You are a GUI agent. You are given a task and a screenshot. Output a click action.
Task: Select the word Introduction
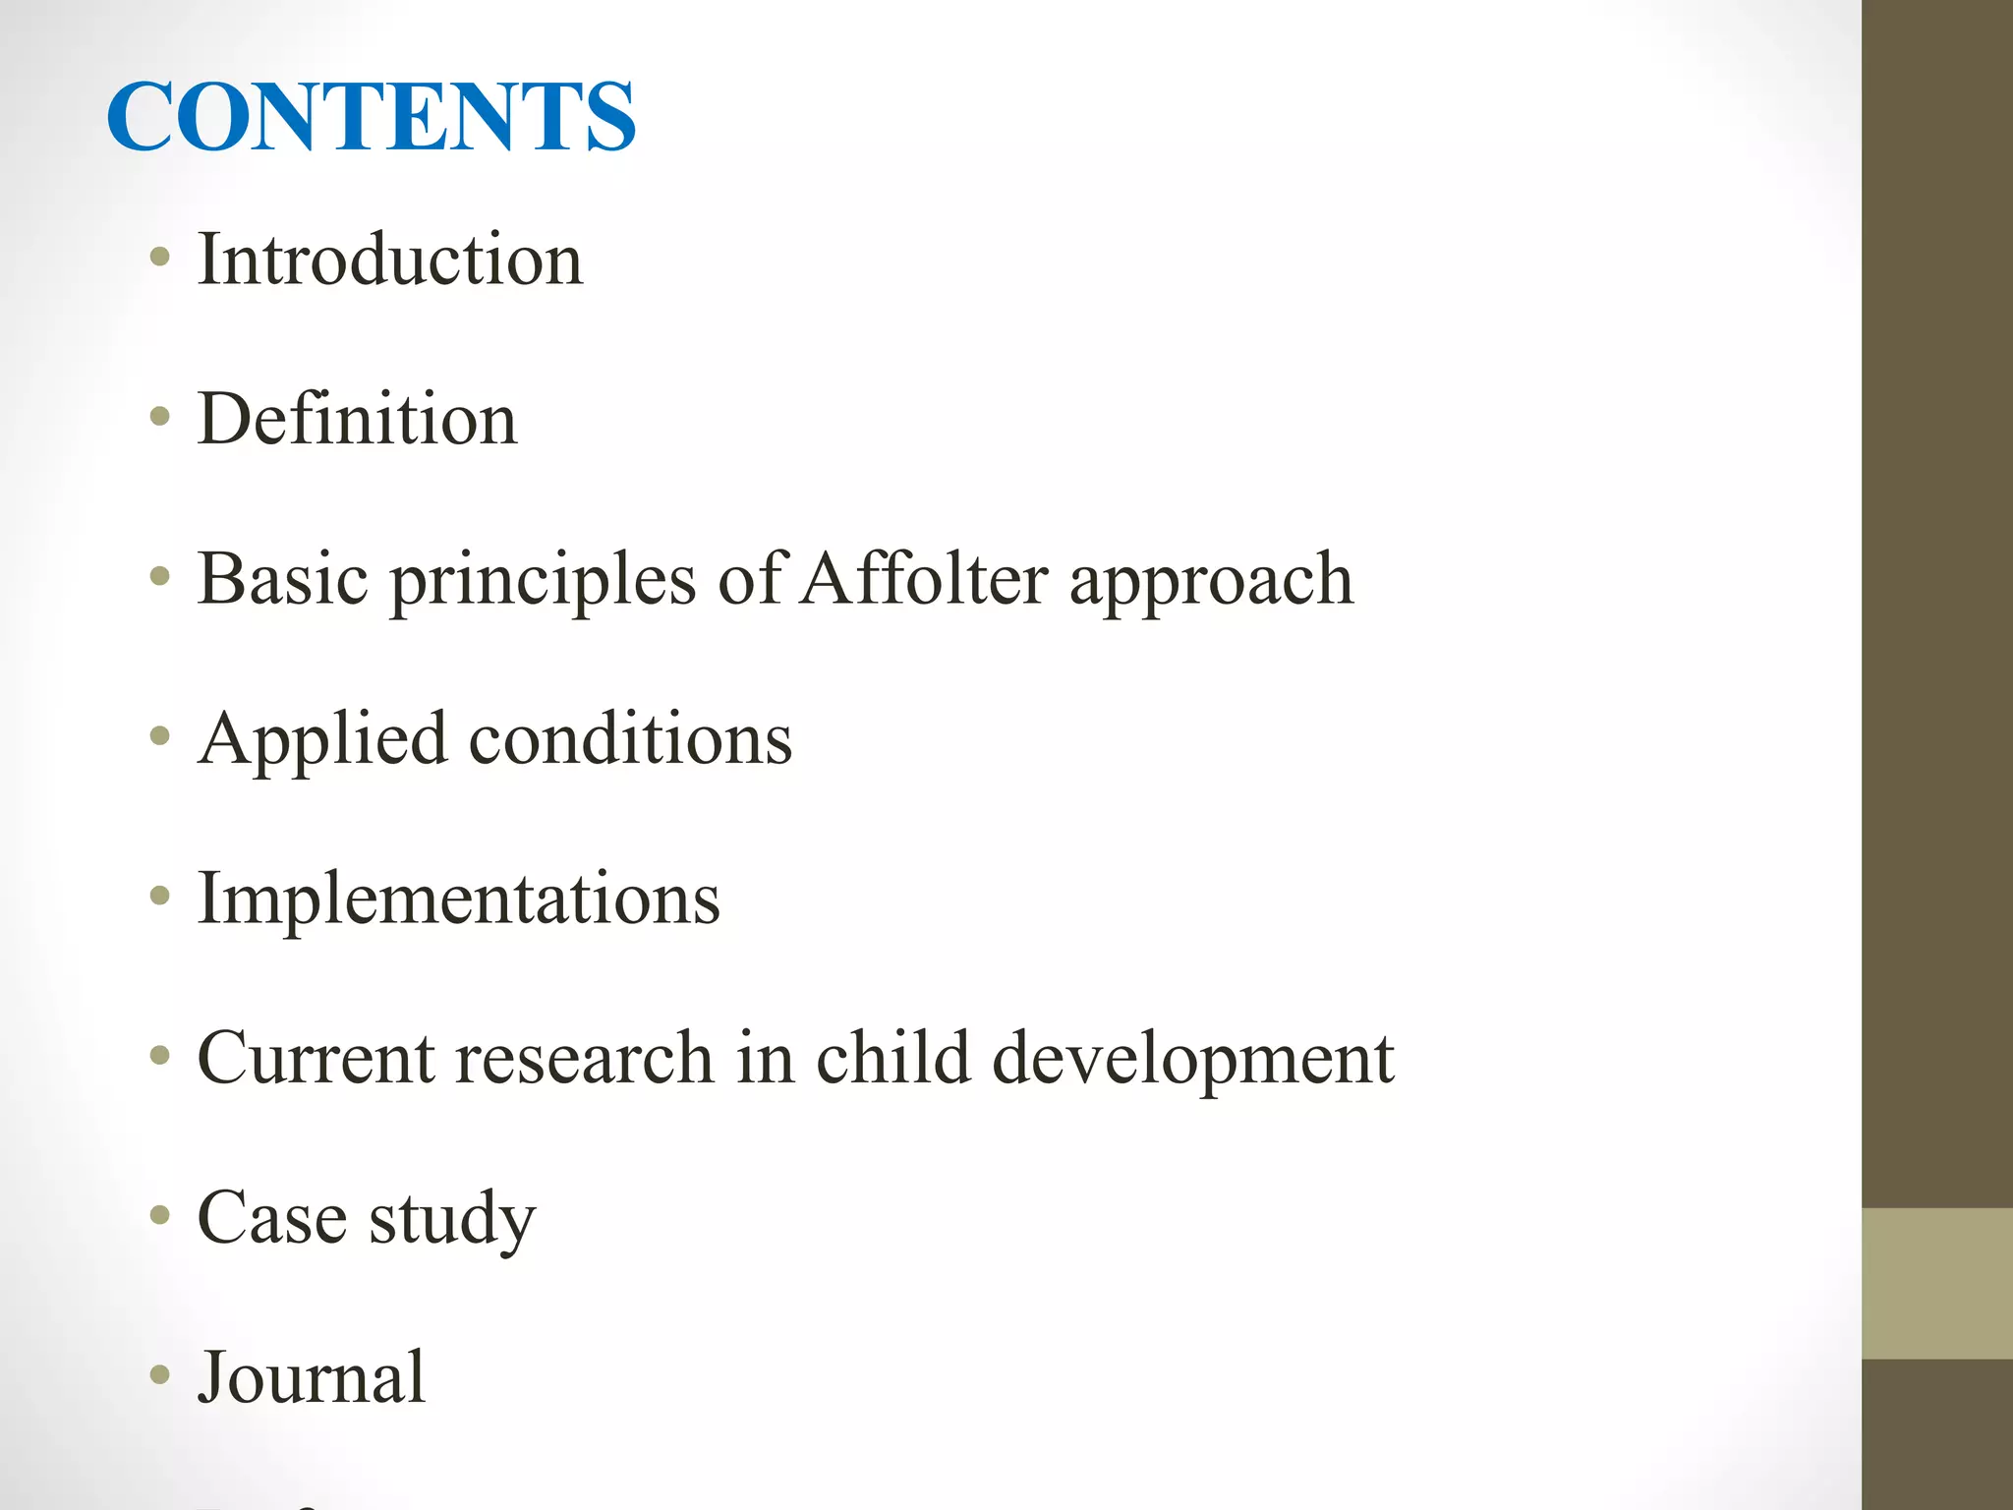390,260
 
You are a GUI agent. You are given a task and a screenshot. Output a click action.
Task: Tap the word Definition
357,419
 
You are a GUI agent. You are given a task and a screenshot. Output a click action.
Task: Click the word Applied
322,739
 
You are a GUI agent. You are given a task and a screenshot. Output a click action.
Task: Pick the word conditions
630,739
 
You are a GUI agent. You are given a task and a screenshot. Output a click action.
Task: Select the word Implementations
458,899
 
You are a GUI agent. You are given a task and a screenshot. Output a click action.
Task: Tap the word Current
316,1059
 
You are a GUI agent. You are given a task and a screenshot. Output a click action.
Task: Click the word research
585,1059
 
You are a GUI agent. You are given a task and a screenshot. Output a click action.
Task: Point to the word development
1193,1059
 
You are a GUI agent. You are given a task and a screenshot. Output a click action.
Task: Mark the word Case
272,1218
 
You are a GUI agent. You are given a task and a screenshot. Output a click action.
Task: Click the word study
452,1220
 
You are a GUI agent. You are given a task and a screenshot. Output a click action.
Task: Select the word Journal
312,1377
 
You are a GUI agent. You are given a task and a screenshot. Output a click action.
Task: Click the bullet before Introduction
159,260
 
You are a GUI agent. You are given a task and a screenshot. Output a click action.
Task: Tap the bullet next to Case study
159,1217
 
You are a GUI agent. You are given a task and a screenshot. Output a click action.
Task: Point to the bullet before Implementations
159,898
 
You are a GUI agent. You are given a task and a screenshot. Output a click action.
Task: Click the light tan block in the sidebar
1936,1283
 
